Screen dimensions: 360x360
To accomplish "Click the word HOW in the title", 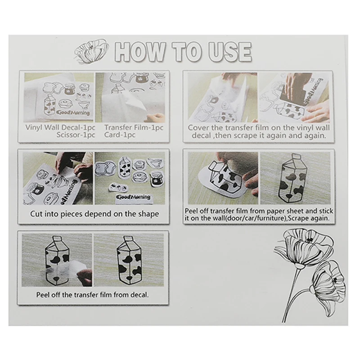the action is (x=140, y=52).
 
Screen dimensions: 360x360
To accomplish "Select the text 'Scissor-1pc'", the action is (x=76, y=135).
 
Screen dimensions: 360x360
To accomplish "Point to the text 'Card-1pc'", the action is (x=120, y=135).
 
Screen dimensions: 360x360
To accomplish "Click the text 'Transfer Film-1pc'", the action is (x=134, y=127).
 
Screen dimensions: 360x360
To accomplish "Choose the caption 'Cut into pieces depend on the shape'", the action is (x=94, y=214).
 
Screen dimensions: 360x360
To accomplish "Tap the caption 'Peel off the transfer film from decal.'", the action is (x=93, y=295).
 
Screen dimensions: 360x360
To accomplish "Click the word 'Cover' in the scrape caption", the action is (x=198, y=128).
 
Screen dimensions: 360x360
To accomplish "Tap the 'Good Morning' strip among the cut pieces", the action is (x=134, y=198).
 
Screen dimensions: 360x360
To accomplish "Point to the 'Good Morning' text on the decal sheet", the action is (x=73, y=113).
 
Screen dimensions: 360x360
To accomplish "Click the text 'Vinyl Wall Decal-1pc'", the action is (x=60, y=127).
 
